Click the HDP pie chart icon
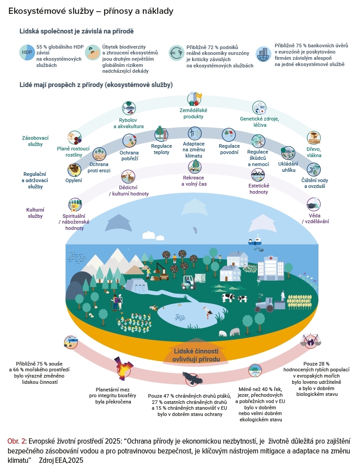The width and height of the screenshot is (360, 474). (26, 53)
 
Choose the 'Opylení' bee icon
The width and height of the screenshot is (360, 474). (74, 169)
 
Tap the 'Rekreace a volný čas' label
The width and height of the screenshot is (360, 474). (194, 180)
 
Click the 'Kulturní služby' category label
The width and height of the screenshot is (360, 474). (35, 212)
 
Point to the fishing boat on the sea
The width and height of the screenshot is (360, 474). (255, 240)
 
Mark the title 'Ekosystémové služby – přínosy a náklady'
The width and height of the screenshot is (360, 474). (91, 10)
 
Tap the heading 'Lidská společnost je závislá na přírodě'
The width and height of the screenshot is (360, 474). (77, 31)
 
